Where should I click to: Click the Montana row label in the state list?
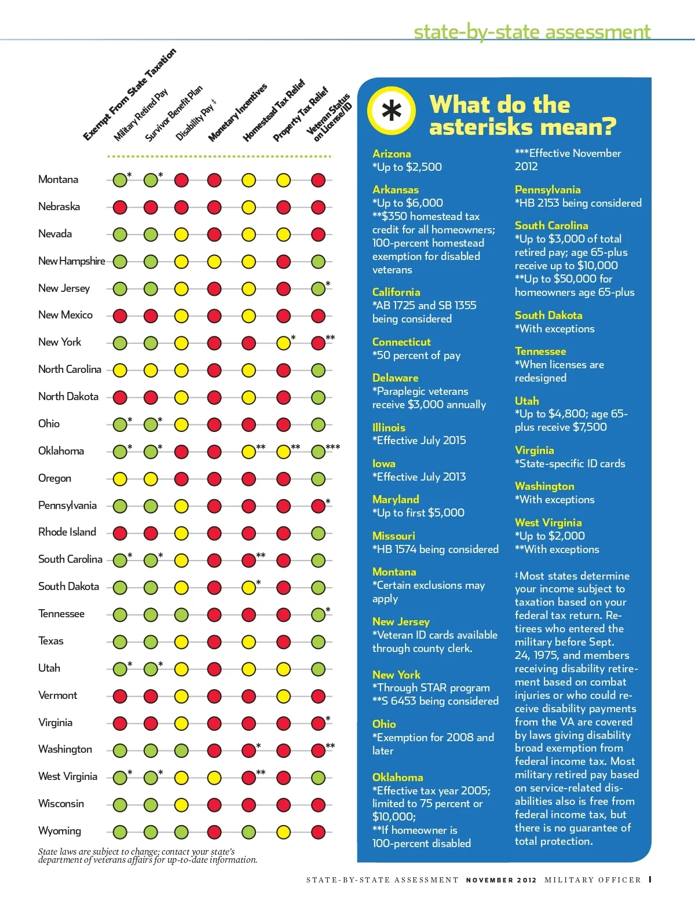[x=58, y=180]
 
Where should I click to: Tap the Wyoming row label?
[x=60, y=831]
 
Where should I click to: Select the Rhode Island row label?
[x=67, y=532]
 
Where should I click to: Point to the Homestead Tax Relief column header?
[x=273, y=112]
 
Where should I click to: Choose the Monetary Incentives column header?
[x=237, y=113]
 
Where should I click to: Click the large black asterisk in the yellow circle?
[x=392, y=110]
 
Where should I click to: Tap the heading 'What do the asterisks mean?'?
[x=522, y=116]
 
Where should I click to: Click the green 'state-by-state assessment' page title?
[x=532, y=31]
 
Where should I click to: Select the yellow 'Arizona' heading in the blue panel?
[x=392, y=154]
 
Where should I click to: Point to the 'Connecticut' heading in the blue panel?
[x=401, y=342]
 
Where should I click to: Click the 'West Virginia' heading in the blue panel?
[x=548, y=523]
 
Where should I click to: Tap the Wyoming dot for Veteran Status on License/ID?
[x=318, y=832]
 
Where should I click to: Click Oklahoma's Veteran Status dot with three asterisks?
[x=318, y=452]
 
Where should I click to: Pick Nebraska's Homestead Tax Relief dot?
[x=248, y=207]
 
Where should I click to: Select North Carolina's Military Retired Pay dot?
[x=120, y=370]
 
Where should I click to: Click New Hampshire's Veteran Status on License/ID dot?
[x=318, y=262]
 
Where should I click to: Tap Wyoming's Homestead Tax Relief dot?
[x=248, y=832]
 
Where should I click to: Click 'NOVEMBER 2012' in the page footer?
[x=501, y=880]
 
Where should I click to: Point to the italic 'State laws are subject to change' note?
[x=148, y=856]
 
